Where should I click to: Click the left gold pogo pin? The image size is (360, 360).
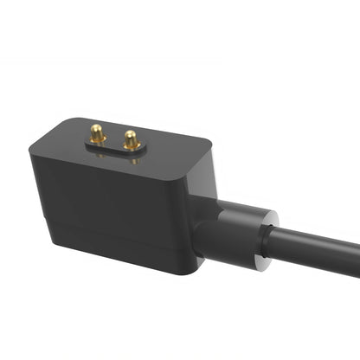(x=99, y=134)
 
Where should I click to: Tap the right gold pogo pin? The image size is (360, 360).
(x=131, y=138)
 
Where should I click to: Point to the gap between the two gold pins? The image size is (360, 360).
(x=114, y=138)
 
